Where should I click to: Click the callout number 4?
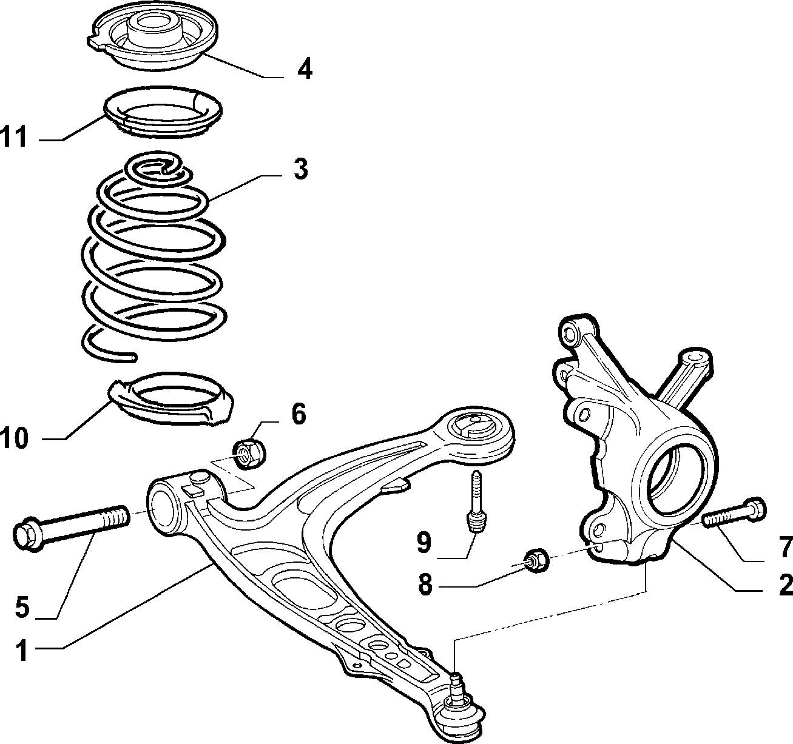(x=305, y=69)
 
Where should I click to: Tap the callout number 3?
(x=301, y=169)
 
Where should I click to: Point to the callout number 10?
(x=15, y=438)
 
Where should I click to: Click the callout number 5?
(x=22, y=607)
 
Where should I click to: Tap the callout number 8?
(x=426, y=585)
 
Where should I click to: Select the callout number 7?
(x=786, y=546)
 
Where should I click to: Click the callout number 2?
(x=786, y=585)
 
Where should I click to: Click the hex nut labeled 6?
(x=250, y=454)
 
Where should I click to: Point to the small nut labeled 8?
(x=536, y=561)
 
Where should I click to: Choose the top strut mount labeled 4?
(x=152, y=41)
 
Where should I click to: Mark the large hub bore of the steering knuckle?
(x=674, y=480)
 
